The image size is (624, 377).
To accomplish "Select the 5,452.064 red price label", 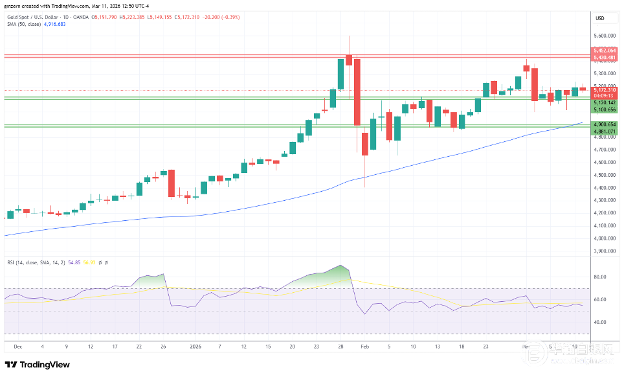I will [605, 51].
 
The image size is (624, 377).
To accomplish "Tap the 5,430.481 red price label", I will [605, 57].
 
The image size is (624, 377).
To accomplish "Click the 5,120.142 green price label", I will [605, 103].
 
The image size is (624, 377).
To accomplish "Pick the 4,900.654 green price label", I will [605, 124].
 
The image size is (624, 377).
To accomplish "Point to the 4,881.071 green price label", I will [605, 131].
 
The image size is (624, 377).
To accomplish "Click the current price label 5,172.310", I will [605, 89].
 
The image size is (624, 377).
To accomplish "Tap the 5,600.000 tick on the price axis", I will [605, 36].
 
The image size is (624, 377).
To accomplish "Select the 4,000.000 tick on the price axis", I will [605, 238].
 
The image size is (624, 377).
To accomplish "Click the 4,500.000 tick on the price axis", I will [605, 175].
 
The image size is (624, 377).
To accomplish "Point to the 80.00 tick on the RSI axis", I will [599, 277].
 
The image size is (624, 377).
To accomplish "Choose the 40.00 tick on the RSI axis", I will [599, 322].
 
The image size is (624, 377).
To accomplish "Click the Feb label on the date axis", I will [364, 347].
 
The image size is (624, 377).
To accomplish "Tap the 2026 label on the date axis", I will [195, 347].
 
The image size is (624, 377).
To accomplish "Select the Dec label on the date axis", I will [18, 347].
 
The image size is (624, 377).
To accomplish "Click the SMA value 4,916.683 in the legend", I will [54, 25].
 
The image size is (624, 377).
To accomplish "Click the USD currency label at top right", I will [599, 17].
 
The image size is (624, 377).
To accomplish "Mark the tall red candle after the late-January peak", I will [357, 91].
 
